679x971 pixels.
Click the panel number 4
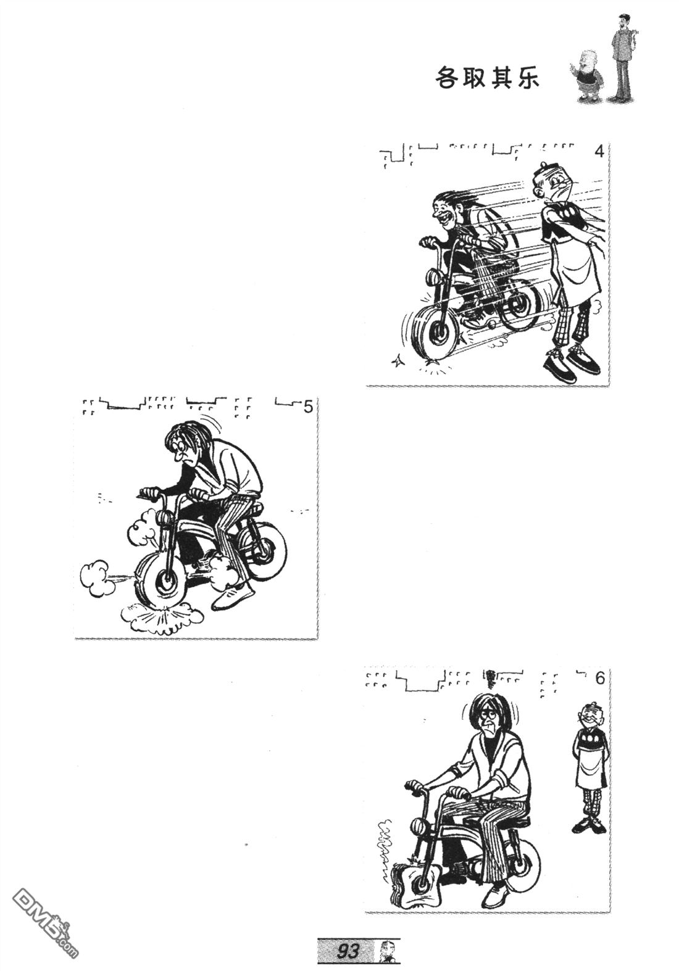(x=599, y=152)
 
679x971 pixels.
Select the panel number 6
(x=599, y=679)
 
